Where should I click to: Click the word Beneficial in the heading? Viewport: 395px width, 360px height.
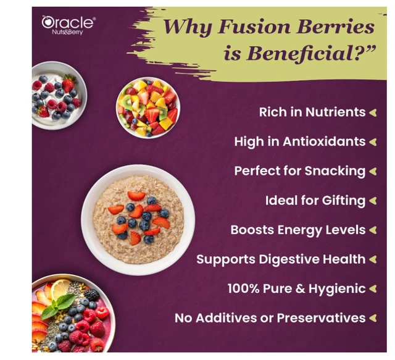[x=300, y=53]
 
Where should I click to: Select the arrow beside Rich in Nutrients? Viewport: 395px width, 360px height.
[x=373, y=112]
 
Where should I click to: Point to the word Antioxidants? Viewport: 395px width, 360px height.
[x=324, y=141]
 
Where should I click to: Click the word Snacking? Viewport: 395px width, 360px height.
[x=335, y=172]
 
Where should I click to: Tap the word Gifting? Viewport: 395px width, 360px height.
[x=344, y=201]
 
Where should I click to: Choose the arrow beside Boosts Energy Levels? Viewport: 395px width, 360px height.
[x=373, y=230]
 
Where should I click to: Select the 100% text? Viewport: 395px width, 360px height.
[x=243, y=288]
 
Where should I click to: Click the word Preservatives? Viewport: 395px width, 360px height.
[x=321, y=318]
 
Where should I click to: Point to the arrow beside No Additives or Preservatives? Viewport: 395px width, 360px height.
[x=373, y=318]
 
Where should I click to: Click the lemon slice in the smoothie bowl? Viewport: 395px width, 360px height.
[x=60, y=289]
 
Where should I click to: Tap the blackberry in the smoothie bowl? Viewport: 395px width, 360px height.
[x=91, y=295]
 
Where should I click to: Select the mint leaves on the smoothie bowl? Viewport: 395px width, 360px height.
[x=57, y=306]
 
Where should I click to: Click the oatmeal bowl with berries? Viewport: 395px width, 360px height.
[x=138, y=220]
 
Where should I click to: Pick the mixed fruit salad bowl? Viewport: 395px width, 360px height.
[x=148, y=108]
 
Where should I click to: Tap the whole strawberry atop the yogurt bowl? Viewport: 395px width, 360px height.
[x=69, y=83]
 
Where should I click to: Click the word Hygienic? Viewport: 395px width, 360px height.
[x=337, y=289]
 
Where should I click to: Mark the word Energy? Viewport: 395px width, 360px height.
[x=299, y=230]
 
